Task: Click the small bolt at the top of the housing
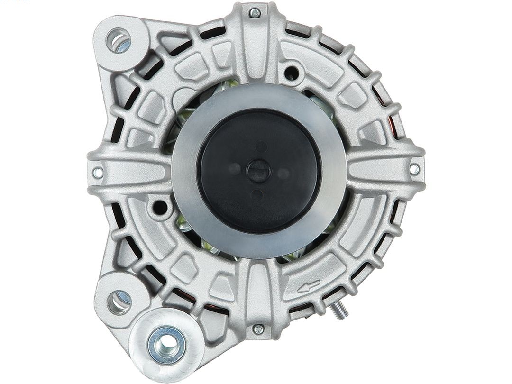[255, 13]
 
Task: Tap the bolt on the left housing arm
[98, 173]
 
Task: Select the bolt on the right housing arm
[414, 169]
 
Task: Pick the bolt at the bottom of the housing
[258, 329]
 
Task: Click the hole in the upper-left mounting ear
[118, 40]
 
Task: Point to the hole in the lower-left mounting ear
[119, 302]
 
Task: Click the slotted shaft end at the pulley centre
[259, 170]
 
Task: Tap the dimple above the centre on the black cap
[261, 146]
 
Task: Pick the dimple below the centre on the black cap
[257, 194]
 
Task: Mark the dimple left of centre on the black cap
[234, 168]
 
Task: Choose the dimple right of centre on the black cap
[283, 174]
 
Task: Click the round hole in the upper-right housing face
[292, 73]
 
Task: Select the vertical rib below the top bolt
[256, 52]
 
